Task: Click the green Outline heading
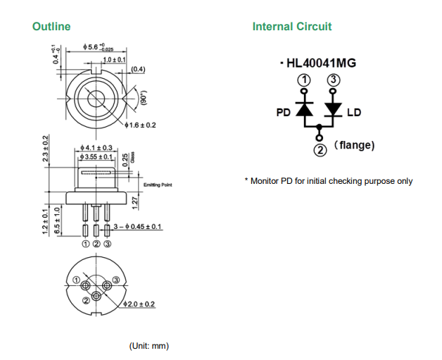(x=51, y=27)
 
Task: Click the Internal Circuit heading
(x=292, y=27)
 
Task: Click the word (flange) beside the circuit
(x=354, y=145)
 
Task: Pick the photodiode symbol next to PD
(x=304, y=110)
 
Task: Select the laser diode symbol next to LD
(x=333, y=110)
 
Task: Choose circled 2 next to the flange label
(x=320, y=149)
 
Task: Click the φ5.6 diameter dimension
(x=98, y=47)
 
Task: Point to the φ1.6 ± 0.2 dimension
(x=140, y=125)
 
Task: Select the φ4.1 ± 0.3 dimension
(x=96, y=147)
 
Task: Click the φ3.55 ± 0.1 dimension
(x=96, y=156)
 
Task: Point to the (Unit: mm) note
(x=149, y=346)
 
